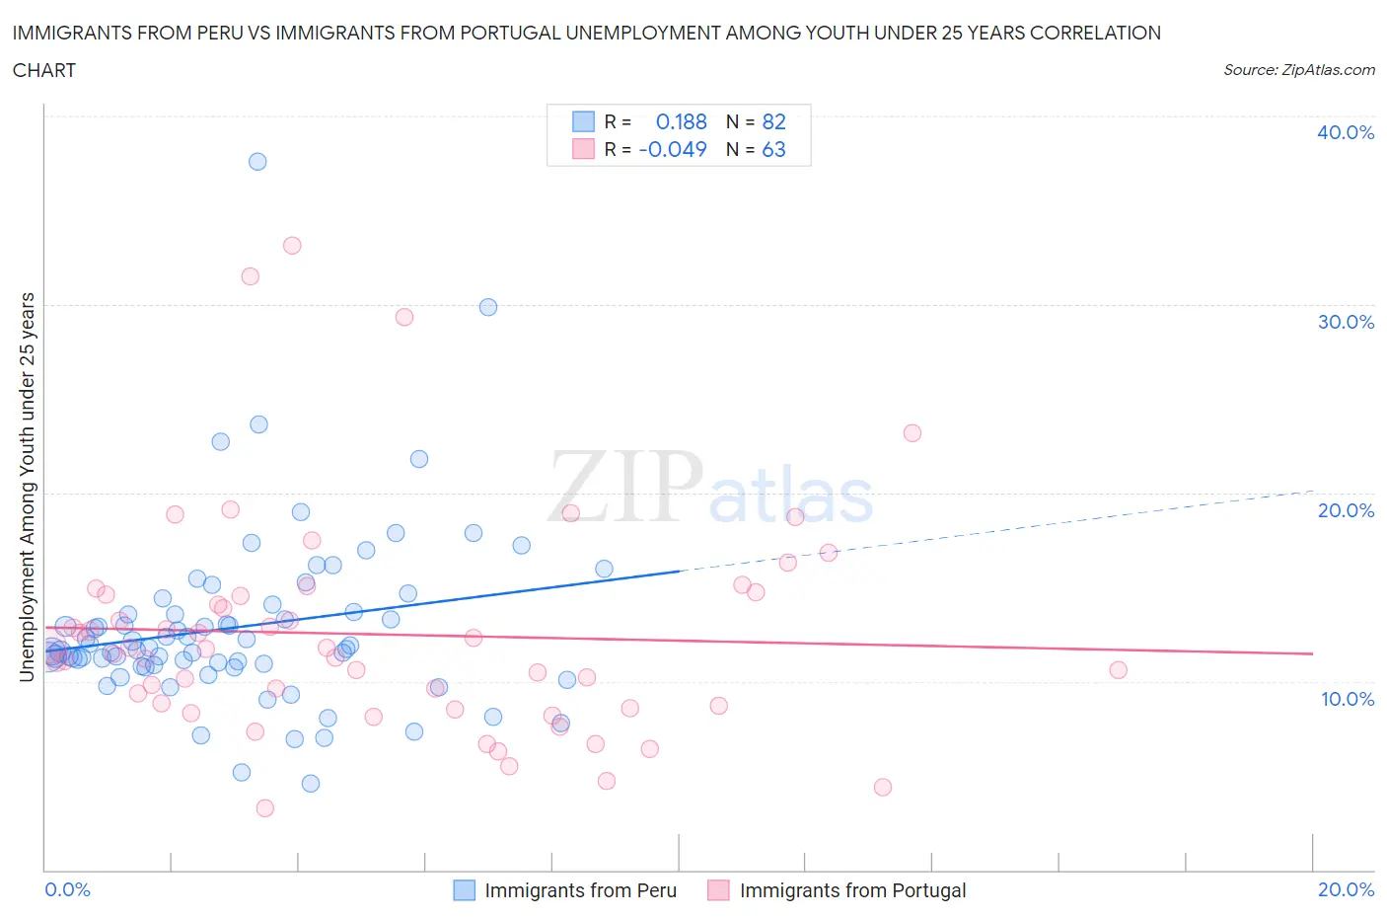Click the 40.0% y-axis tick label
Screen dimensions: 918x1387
1345,132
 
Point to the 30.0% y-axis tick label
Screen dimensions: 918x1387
1345,322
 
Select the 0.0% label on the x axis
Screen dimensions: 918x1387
68,889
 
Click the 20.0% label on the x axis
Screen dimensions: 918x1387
1346,889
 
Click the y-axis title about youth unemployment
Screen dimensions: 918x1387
27,487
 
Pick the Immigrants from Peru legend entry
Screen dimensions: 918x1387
580,890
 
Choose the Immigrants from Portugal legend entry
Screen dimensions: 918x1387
852,890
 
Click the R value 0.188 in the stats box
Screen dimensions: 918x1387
681,121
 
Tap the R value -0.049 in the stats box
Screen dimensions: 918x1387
673,149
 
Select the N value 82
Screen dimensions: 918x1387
773,121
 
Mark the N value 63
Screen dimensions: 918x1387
773,149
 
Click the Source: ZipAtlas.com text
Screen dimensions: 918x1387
1298,70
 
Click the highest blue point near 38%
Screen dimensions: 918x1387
257,161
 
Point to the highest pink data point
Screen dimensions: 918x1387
292,246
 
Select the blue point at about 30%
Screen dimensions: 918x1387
488,307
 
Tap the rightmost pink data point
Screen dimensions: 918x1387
1118,670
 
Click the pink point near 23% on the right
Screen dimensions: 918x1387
912,433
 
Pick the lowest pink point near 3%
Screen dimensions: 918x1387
264,808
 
